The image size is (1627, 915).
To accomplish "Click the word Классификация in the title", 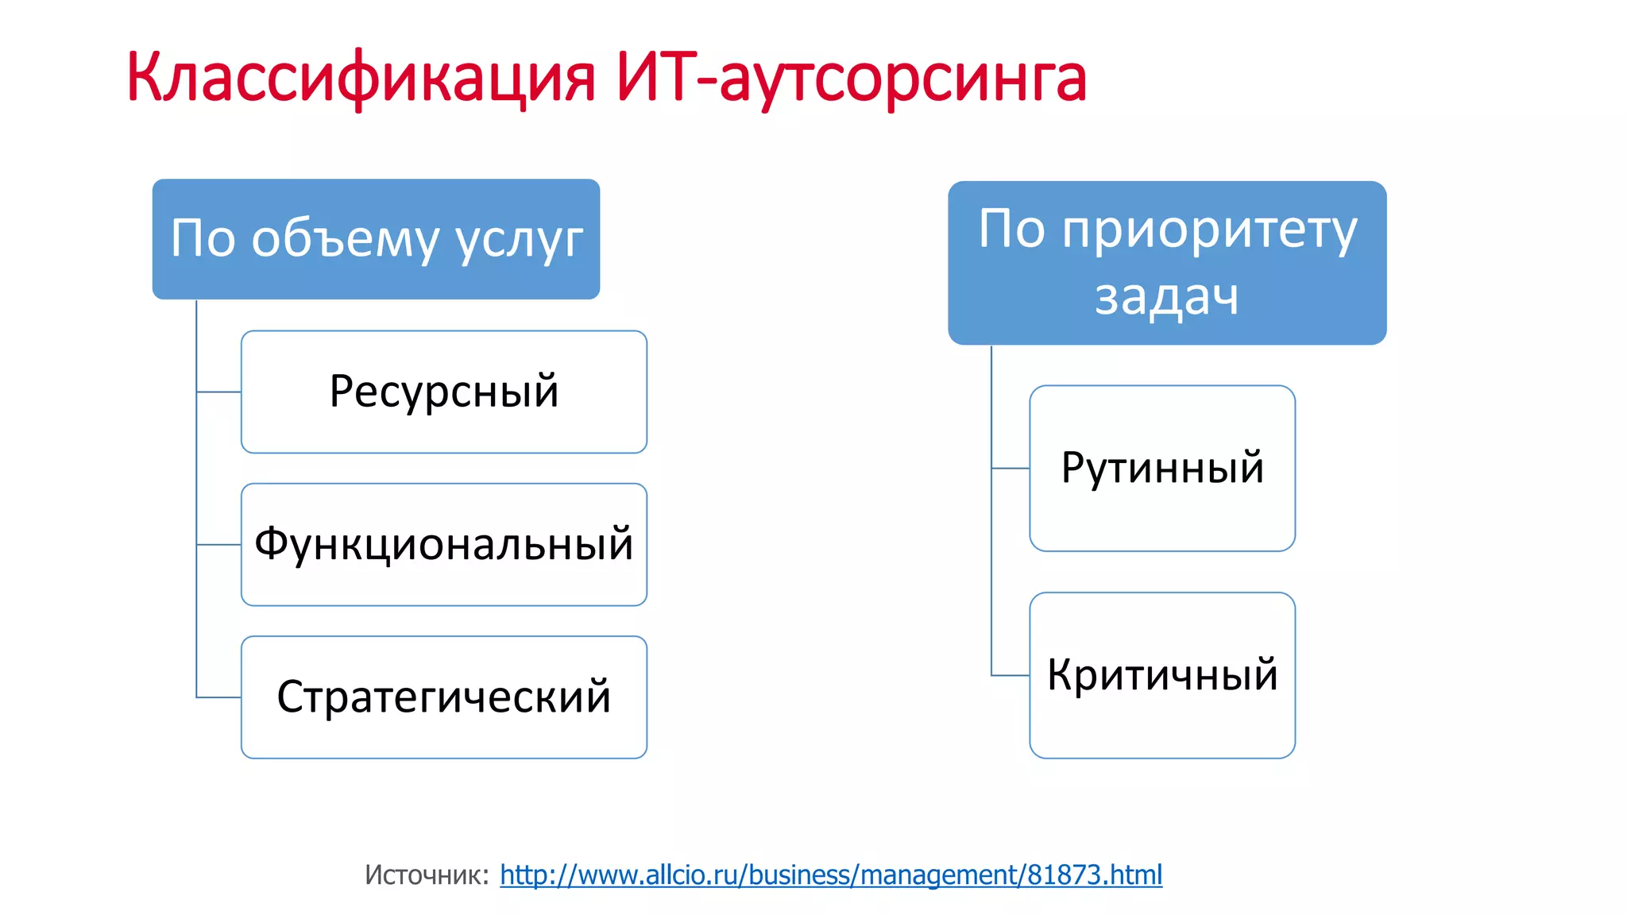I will [360, 78].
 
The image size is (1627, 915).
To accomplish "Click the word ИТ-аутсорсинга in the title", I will [851, 78].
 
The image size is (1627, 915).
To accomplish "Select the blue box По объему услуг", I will [376, 239].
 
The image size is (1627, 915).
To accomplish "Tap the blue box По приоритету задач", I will [1167, 263].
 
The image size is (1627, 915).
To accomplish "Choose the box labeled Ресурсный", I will [444, 392].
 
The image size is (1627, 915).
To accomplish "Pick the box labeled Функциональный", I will [444, 545].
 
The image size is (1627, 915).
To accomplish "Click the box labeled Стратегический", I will [444, 697].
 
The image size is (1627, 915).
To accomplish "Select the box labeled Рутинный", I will [1162, 469].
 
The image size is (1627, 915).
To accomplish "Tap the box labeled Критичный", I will [1162, 675].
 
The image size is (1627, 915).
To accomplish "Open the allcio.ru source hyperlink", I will [831, 874].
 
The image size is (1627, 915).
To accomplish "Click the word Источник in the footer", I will [426, 874].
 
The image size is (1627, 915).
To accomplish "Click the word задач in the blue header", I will [1167, 298].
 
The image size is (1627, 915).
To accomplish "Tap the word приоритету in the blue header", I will [1210, 230].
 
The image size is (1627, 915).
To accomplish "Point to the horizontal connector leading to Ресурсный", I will [219, 392].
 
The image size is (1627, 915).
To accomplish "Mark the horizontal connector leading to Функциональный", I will [219, 545].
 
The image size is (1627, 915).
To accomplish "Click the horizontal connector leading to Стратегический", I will [219, 697].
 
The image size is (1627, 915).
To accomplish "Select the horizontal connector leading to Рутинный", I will [1011, 469].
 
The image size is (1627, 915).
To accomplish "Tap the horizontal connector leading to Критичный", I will [1011, 675].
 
